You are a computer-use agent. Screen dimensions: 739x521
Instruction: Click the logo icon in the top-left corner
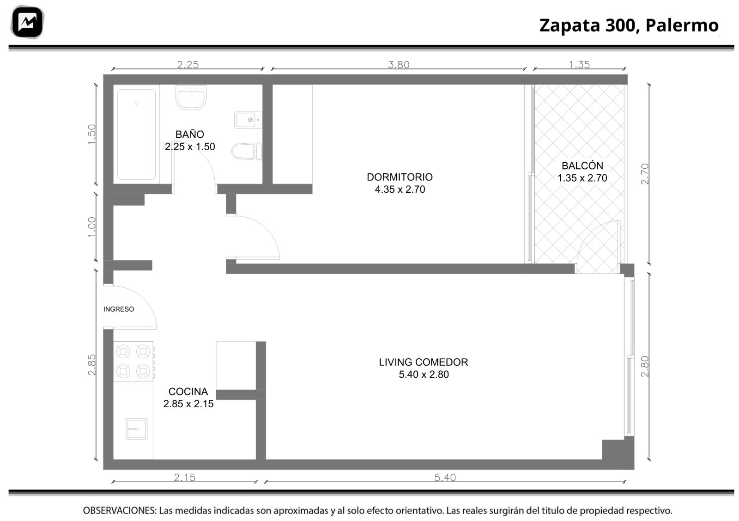click(27, 22)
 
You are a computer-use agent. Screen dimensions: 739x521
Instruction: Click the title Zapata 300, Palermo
click(629, 25)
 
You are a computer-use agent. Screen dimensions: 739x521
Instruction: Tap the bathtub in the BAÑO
click(137, 135)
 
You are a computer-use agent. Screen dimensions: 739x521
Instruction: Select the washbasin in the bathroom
click(191, 97)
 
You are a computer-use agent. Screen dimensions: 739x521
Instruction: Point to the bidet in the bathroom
click(248, 120)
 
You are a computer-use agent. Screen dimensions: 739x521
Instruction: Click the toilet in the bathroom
click(247, 152)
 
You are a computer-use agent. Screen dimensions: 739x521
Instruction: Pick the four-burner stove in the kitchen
click(133, 361)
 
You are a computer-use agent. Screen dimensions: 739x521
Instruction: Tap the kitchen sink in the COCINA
click(137, 429)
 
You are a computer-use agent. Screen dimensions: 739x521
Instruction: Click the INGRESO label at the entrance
click(119, 309)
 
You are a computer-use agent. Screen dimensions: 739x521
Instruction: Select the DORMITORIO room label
click(400, 178)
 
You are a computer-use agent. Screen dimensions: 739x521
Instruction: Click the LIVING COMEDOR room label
click(423, 362)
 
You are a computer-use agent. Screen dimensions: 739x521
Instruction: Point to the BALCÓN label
click(582, 165)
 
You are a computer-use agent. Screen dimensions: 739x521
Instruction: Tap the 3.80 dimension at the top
click(399, 65)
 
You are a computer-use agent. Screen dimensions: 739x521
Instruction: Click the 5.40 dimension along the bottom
click(445, 478)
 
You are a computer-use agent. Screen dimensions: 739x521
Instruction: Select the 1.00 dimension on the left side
click(91, 227)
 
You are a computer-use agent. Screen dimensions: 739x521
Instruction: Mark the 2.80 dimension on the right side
click(644, 367)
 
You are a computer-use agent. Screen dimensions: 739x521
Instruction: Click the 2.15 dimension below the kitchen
click(185, 478)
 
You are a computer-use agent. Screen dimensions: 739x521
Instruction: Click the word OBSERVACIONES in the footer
click(120, 510)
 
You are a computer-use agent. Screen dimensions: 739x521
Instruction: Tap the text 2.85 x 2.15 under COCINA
click(188, 404)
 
